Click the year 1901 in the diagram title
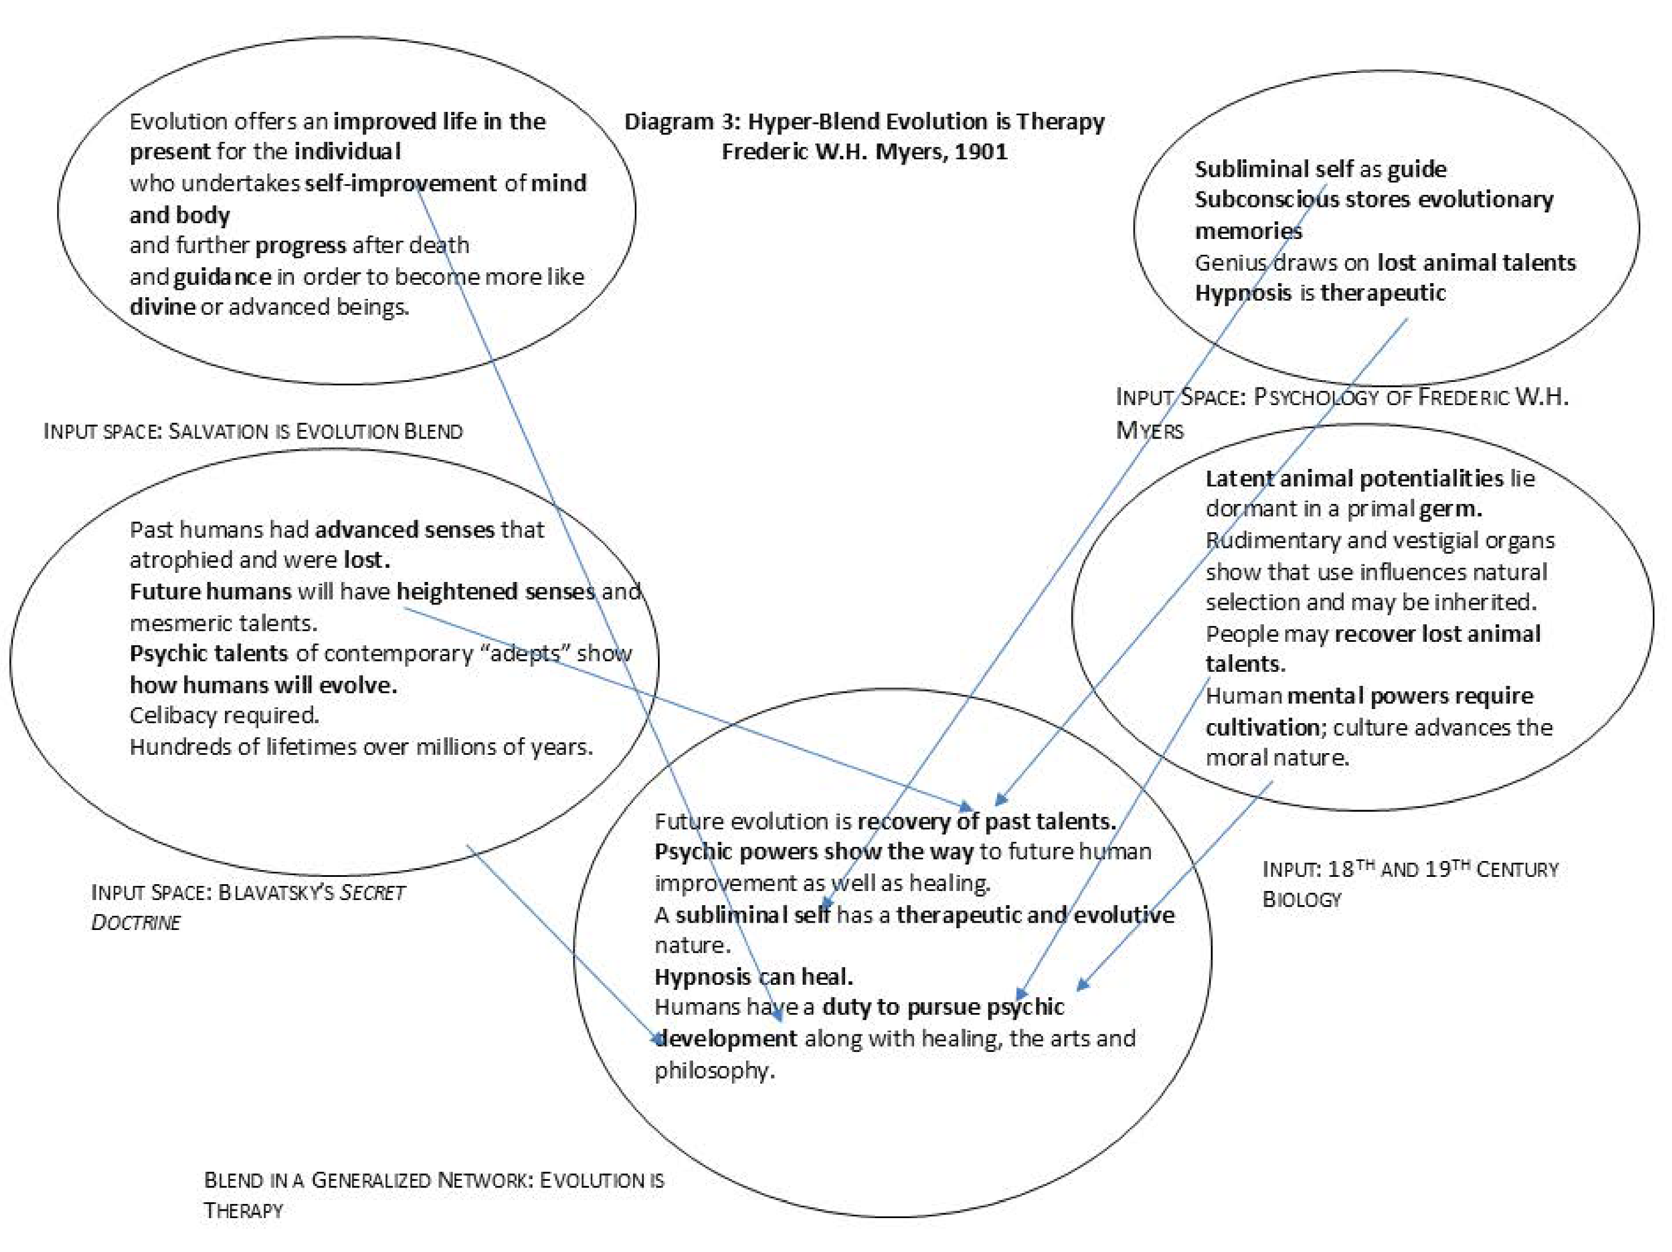(980, 152)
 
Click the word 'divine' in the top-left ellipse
(162, 307)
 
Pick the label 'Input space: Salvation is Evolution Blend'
(253, 432)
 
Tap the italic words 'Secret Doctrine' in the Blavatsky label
(249, 907)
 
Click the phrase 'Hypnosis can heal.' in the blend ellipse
(753, 977)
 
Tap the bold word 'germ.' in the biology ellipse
(1450, 508)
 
